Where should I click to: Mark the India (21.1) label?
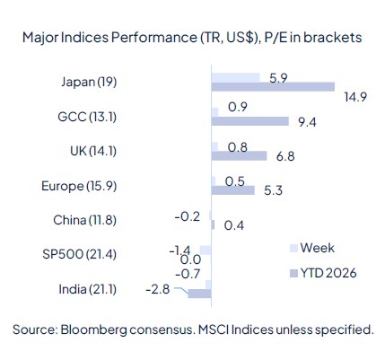84,289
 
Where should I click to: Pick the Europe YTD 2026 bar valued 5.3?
232,190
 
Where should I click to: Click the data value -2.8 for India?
160,289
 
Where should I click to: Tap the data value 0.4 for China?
229,224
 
